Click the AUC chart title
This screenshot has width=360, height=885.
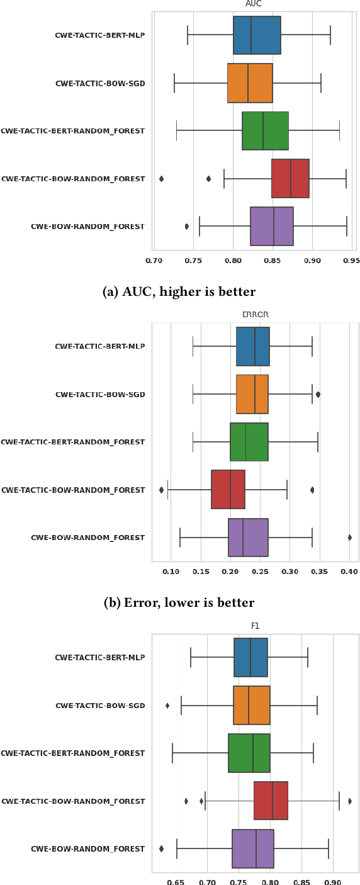pos(254,4)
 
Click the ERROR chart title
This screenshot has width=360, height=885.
pos(256,315)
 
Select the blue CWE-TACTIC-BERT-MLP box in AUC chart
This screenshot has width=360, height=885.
pos(257,35)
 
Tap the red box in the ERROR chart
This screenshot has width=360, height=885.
pos(228,490)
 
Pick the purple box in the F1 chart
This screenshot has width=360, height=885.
pos(252,849)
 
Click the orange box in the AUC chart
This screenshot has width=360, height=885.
pos(250,83)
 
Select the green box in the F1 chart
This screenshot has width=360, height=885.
pos(249,753)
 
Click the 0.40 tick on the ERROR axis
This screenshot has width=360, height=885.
pos(349,572)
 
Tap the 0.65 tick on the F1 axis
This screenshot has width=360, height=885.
pos(176,882)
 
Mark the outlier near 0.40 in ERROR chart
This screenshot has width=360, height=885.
pos(349,538)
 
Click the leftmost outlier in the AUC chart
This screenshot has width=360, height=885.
pos(162,179)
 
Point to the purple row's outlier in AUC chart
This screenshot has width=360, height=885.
pos(187,227)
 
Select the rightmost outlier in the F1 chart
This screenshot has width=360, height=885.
pos(349,801)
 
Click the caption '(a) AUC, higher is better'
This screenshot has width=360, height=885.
pos(179,291)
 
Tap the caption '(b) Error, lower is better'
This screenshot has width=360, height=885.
pos(179,602)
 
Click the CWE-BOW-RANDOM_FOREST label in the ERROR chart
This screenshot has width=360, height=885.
pos(87,538)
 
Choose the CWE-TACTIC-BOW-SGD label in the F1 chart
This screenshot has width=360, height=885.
pos(100,706)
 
